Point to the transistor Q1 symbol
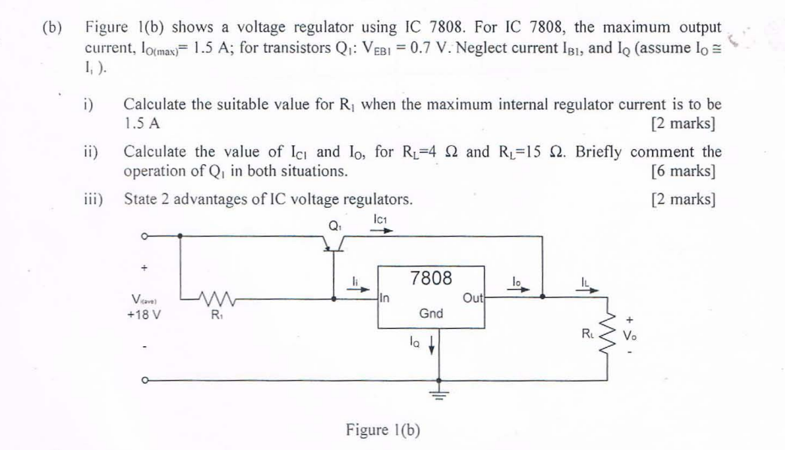tap(335, 242)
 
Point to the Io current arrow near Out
tap(520, 288)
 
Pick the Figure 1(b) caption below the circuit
tap(383, 430)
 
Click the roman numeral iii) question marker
tap(93, 200)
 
